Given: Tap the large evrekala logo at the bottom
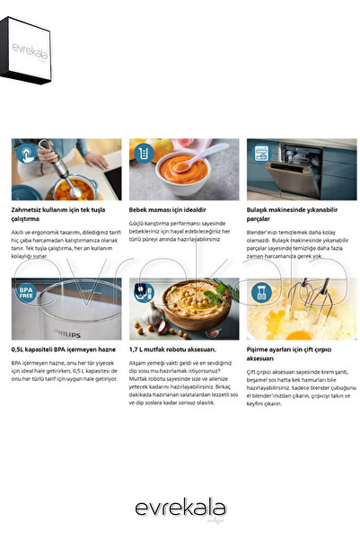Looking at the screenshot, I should [x=180, y=509].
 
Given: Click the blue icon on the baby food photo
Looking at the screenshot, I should [x=142, y=153].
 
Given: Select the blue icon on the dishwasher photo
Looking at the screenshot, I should [x=260, y=153].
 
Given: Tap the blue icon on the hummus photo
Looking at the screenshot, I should [x=142, y=290].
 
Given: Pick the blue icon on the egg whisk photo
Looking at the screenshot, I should [x=260, y=290].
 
